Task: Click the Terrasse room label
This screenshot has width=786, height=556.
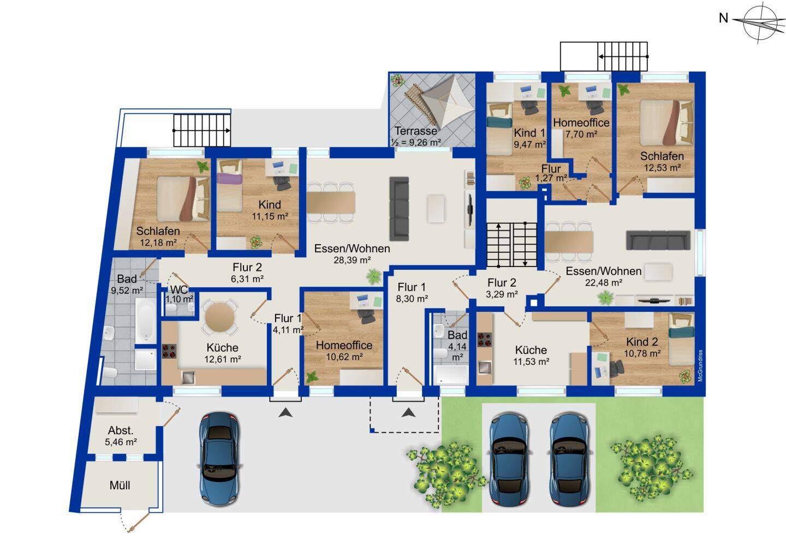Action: tap(416, 131)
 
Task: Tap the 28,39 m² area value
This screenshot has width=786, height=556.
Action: tap(352, 260)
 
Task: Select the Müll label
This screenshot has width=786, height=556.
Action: tap(120, 486)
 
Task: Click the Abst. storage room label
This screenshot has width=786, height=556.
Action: tap(121, 430)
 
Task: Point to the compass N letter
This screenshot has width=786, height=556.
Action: tap(723, 18)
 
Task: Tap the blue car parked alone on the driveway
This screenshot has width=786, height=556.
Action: tap(219, 459)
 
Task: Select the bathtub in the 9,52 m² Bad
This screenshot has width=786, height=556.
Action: tap(146, 321)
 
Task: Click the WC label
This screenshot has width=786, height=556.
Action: tap(179, 290)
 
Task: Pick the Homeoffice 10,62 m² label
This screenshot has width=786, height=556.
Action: tap(344, 351)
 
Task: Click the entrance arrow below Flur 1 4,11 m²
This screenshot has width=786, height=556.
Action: tap(285, 412)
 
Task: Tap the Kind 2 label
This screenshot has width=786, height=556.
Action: tap(642, 341)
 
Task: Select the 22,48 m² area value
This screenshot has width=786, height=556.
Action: tap(604, 282)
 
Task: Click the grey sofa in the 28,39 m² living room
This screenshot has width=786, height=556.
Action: tap(400, 209)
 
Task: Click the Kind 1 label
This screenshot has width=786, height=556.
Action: tap(529, 133)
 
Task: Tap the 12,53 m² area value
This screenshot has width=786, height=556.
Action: tap(663, 168)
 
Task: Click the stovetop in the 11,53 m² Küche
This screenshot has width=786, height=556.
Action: tap(485, 340)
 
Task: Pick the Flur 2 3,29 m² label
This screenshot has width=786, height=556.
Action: tap(502, 288)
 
